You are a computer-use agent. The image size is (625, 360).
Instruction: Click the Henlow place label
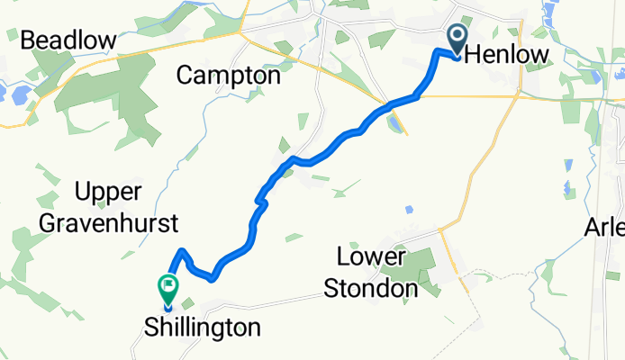click(506, 56)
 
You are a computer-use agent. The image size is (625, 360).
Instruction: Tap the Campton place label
click(229, 76)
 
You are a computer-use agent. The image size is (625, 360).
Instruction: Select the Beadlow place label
click(68, 40)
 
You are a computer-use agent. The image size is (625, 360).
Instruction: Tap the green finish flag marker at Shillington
click(168, 289)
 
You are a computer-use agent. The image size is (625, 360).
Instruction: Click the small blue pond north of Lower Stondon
click(409, 210)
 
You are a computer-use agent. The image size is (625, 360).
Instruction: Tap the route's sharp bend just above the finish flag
click(183, 251)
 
